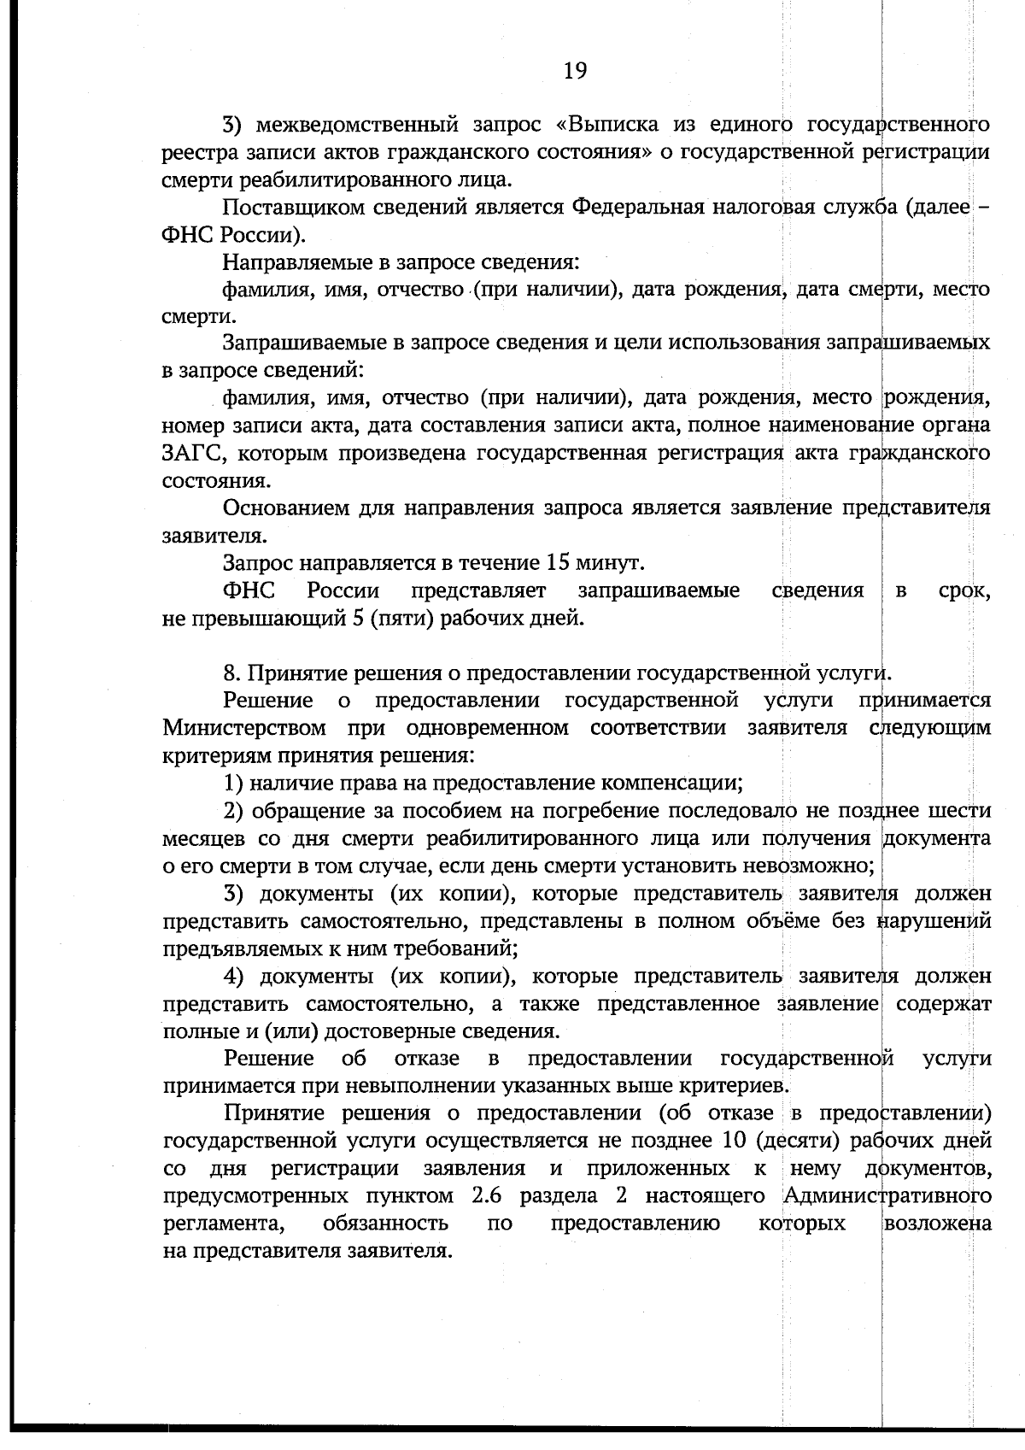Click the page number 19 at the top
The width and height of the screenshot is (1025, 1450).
(575, 72)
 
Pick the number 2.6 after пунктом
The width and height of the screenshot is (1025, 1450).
(487, 1195)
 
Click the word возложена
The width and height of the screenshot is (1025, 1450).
(937, 1224)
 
